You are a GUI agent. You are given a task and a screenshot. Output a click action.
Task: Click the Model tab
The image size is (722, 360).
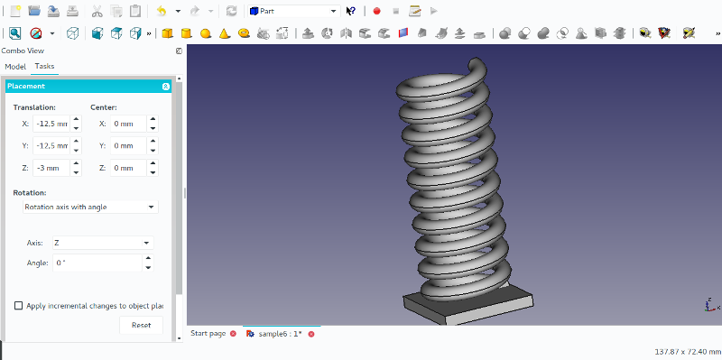(x=15, y=67)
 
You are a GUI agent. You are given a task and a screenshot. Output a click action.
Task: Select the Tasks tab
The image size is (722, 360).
(x=44, y=67)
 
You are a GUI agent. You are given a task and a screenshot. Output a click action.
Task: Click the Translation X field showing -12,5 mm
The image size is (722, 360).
(x=51, y=124)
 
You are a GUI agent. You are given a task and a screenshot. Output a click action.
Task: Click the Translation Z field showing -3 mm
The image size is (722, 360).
(x=51, y=168)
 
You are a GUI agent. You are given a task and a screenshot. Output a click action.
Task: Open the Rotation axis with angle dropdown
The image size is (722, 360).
(x=89, y=207)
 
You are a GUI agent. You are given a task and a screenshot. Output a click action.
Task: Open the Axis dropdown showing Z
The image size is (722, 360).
(x=102, y=243)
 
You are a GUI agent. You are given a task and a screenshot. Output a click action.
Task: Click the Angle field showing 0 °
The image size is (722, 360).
(x=97, y=263)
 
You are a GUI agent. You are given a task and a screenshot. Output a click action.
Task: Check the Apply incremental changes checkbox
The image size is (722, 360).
(x=19, y=306)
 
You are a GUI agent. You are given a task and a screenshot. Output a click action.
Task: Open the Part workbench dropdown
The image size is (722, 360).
(x=293, y=11)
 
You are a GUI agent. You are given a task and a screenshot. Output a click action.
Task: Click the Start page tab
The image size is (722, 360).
(x=208, y=334)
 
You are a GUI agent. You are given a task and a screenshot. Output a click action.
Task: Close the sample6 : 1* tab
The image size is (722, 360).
(x=311, y=334)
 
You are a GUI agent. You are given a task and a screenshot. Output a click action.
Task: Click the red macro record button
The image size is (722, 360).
(x=376, y=11)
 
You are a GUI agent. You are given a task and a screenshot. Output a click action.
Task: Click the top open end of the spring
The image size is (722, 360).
(x=476, y=65)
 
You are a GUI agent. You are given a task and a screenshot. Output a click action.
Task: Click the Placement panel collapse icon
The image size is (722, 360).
(x=166, y=87)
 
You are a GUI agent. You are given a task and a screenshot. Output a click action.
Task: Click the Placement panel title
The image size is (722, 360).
(x=26, y=87)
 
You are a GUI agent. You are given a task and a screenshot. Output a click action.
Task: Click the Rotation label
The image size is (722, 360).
(x=30, y=192)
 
